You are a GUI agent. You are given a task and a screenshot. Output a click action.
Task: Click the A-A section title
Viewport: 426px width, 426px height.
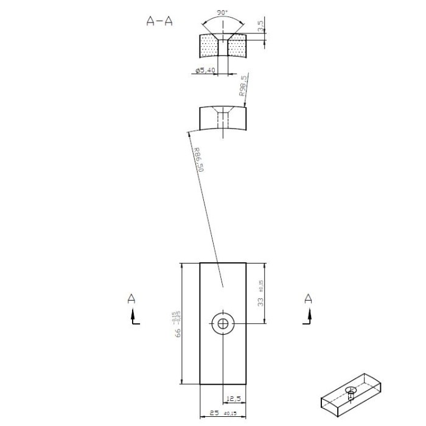[x=159, y=21]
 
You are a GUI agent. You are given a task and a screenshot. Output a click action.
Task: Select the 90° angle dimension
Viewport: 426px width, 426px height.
[x=223, y=13]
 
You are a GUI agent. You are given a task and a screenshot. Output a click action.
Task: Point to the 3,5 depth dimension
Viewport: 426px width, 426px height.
[x=260, y=26]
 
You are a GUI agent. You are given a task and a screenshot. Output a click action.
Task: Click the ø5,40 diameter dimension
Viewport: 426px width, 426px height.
[x=204, y=71]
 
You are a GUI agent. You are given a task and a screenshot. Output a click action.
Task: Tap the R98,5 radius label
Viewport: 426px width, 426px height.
[x=243, y=86]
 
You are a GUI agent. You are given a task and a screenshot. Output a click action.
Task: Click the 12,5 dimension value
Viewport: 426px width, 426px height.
[x=234, y=399]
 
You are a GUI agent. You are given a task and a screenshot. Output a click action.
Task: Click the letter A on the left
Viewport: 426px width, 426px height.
[x=131, y=298]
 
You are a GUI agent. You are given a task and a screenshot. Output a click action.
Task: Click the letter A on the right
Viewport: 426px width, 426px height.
[x=308, y=298]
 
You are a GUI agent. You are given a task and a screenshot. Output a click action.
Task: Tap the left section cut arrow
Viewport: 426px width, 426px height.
[x=133, y=317]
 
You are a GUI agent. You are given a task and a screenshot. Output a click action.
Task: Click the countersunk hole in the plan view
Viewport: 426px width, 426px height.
[x=223, y=324]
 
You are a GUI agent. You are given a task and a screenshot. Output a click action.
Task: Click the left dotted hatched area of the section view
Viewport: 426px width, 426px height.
[x=209, y=47]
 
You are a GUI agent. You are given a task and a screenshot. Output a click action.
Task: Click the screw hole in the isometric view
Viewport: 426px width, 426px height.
[x=351, y=390]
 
